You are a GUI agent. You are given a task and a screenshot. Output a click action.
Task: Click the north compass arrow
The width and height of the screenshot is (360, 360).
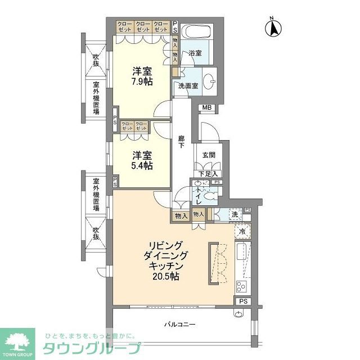(x=274, y=28)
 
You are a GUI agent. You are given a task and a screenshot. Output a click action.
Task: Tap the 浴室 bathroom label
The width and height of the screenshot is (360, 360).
(x=195, y=53)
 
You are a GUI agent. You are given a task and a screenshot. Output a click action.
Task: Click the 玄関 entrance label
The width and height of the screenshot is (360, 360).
(x=208, y=155)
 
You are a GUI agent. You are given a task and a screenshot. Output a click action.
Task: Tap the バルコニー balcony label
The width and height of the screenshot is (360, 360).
(x=179, y=325)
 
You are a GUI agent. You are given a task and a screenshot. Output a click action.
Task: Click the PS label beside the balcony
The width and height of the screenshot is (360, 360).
(x=242, y=301)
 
